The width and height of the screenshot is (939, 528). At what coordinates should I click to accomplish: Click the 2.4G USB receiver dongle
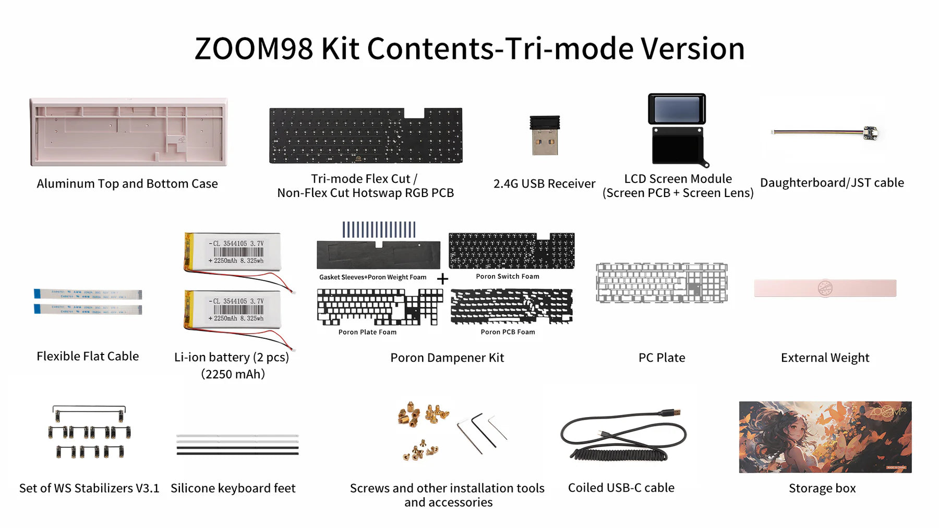(545, 136)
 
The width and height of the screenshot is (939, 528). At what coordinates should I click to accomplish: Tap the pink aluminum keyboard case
(128, 132)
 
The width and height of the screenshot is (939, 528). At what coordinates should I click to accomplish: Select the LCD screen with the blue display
(677, 109)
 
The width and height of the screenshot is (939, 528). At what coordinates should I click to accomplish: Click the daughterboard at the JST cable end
(870, 133)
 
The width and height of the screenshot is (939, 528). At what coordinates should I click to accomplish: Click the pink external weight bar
(825, 288)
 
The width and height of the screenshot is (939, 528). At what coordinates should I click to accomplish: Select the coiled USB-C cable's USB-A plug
(673, 412)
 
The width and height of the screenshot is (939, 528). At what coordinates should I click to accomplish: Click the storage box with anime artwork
(825, 437)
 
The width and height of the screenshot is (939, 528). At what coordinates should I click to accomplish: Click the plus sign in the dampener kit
(442, 279)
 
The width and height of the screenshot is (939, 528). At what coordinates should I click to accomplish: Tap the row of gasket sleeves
(379, 229)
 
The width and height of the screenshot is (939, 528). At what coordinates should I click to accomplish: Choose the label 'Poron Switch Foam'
(507, 276)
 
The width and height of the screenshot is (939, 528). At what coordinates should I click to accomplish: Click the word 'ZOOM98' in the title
(254, 48)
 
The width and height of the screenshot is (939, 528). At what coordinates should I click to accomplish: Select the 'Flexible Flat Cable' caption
(88, 356)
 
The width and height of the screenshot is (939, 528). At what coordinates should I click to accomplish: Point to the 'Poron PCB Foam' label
(508, 332)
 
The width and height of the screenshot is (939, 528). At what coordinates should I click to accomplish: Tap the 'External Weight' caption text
(825, 358)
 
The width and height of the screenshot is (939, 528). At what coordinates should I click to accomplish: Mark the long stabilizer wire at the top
(89, 408)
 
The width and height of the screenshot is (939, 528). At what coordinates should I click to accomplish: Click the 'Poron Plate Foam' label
(367, 332)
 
